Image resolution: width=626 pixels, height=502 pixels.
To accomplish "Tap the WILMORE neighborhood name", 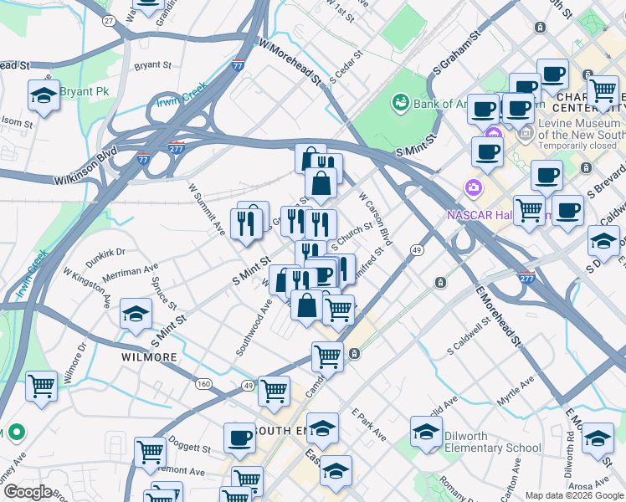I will point(149,357).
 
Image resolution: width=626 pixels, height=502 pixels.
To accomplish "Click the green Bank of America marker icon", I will point(401,102).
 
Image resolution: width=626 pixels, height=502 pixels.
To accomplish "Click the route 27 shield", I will point(108,19).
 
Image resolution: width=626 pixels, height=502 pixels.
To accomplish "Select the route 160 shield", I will point(203,384).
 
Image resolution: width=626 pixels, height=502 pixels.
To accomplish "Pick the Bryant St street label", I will point(152,64).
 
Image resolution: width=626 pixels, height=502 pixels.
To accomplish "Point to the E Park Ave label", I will point(368,424).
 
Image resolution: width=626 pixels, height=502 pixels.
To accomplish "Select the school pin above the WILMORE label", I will point(136,314).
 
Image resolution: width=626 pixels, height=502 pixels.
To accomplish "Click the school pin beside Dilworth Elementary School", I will point(426,432).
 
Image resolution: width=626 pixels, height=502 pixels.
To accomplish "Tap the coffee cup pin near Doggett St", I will point(239,438).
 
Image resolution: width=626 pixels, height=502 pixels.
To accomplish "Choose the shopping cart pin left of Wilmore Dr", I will point(41,386).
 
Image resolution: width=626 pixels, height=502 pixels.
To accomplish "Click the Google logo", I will point(28,492).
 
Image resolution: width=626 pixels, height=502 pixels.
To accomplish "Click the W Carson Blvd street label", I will point(375,217).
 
